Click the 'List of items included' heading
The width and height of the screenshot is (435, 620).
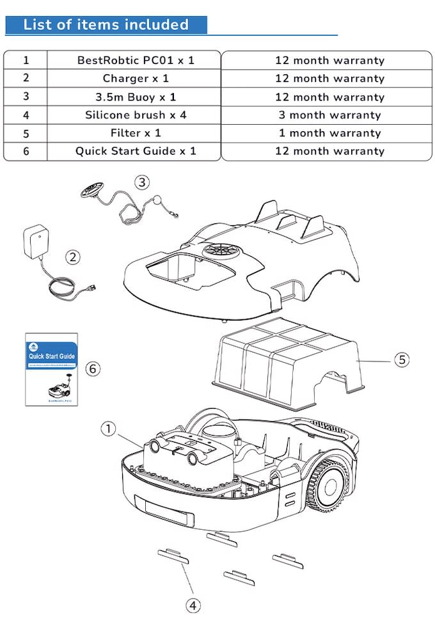pos(106,25)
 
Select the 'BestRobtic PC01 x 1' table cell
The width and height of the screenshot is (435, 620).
pos(135,60)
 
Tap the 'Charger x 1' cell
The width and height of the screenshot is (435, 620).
pos(135,79)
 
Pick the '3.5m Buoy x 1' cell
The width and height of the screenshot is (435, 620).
pos(135,97)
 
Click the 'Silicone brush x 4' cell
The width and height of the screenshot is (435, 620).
pos(135,115)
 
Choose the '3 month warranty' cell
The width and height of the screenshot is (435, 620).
pos(329,115)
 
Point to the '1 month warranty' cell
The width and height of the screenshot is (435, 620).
pos(329,133)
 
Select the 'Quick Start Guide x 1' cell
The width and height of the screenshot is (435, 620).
pos(135,152)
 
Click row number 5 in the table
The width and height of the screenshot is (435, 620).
pos(26,134)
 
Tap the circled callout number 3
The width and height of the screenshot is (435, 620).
pos(142,182)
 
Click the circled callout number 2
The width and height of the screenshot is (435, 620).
pos(74,257)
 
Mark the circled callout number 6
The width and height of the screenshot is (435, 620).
pos(93,369)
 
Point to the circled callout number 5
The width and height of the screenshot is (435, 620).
pos(402,360)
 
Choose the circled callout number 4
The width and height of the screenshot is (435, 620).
pos(193,605)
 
